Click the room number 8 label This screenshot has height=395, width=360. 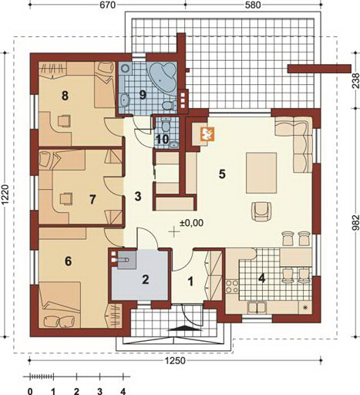click(65, 96)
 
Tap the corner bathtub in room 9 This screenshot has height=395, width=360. click(162, 77)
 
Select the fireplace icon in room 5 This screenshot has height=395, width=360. click(207, 134)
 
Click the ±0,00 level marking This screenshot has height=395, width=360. click(191, 223)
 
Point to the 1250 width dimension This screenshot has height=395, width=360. click(177, 360)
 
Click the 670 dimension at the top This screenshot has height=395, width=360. click(107, 5)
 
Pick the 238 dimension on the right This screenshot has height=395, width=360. click(355, 81)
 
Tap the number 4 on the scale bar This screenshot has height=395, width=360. click(123, 391)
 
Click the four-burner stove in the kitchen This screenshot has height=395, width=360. click(231, 286)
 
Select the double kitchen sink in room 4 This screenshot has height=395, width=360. click(257, 308)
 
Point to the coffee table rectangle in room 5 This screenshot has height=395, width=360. click(261, 173)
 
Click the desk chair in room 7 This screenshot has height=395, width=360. click(66, 198)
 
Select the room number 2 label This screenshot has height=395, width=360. click(146, 280)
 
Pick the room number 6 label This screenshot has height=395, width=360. click(68, 262)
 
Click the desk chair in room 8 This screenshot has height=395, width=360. click(64, 120)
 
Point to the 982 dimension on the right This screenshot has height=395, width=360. click(355, 223)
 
